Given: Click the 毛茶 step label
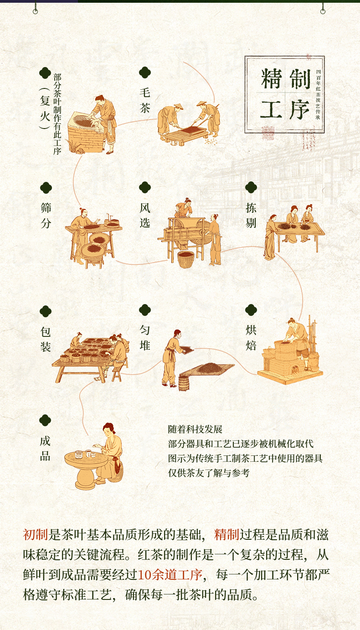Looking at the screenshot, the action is [x=145, y=100].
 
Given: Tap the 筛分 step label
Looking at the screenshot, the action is [x=46, y=216].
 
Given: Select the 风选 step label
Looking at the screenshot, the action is [x=145, y=216].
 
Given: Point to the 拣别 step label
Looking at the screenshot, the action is [x=251, y=216].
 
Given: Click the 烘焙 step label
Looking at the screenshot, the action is [x=251, y=337].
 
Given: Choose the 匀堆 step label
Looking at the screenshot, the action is [x=145, y=337].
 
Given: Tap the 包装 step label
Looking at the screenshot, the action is [x=46, y=339].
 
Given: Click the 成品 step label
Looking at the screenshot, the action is [x=45, y=448].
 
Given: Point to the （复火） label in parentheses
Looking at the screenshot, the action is [x=45, y=108].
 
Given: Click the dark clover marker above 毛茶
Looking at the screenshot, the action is [x=145, y=72].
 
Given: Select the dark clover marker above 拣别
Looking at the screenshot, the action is [x=251, y=187].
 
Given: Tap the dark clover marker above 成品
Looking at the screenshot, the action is [x=45, y=420].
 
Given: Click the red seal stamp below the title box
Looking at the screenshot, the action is [x=268, y=133].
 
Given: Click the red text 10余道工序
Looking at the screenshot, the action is [x=170, y=575].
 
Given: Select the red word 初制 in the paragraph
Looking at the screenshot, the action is [x=36, y=535].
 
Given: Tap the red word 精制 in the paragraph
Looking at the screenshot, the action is [x=226, y=535].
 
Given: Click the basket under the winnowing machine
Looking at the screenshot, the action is [x=186, y=259].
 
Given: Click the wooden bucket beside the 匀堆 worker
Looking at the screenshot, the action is [x=184, y=383].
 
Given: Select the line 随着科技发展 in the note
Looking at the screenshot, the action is [x=195, y=429].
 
